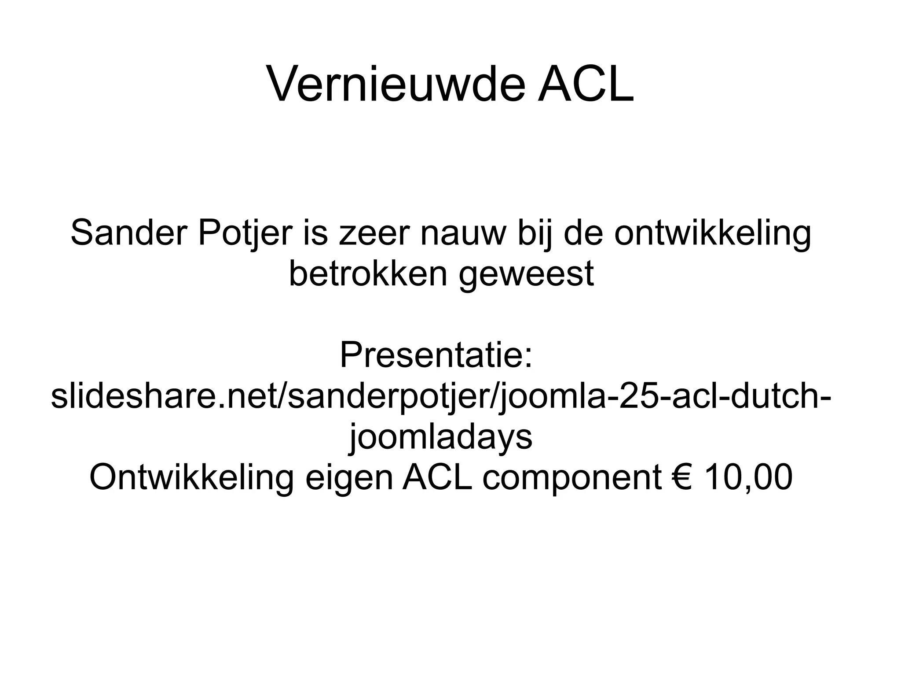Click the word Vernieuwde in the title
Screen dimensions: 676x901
click(x=396, y=84)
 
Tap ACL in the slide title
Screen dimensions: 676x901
click(x=586, y=84)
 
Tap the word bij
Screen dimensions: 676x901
click(x=535, y=234)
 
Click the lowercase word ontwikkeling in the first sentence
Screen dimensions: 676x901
click(x=713, y=234)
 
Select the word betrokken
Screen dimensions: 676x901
click(x=368, y=273)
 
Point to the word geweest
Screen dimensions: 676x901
click(x=526, y=274)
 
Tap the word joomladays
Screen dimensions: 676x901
click(x=441, y=437)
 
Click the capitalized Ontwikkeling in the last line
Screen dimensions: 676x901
click(x=192, y=478)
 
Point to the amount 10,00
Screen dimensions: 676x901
click(x=748, y=478)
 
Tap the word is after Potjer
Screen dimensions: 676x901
click(x=315, y=233)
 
